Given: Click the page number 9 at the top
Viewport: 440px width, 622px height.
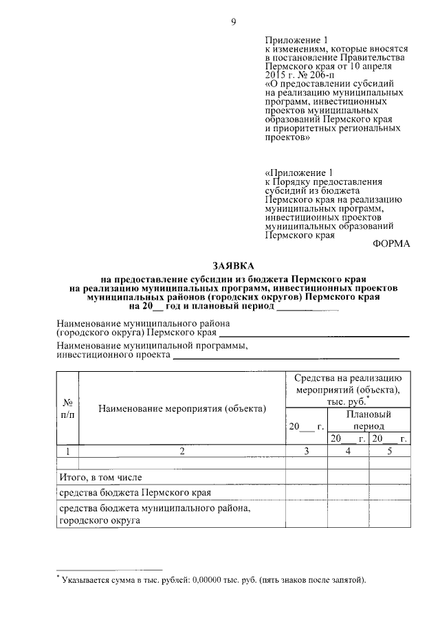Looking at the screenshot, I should [233, 22].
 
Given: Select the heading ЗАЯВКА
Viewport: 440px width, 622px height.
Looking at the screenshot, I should [232, 265].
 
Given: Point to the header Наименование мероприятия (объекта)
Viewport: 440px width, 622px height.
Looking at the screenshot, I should [181, 410].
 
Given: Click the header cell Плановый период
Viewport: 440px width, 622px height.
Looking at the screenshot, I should [368, 420].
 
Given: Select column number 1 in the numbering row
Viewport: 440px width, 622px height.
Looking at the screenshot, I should [67, 452].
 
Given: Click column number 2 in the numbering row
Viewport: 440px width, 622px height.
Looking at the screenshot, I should [181, 452].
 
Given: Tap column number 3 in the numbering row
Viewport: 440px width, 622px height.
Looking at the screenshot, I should [307, 452].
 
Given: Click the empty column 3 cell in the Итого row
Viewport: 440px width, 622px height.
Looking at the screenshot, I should [307, 477].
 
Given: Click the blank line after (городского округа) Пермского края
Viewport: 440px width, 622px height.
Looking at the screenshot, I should [313, 335].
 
